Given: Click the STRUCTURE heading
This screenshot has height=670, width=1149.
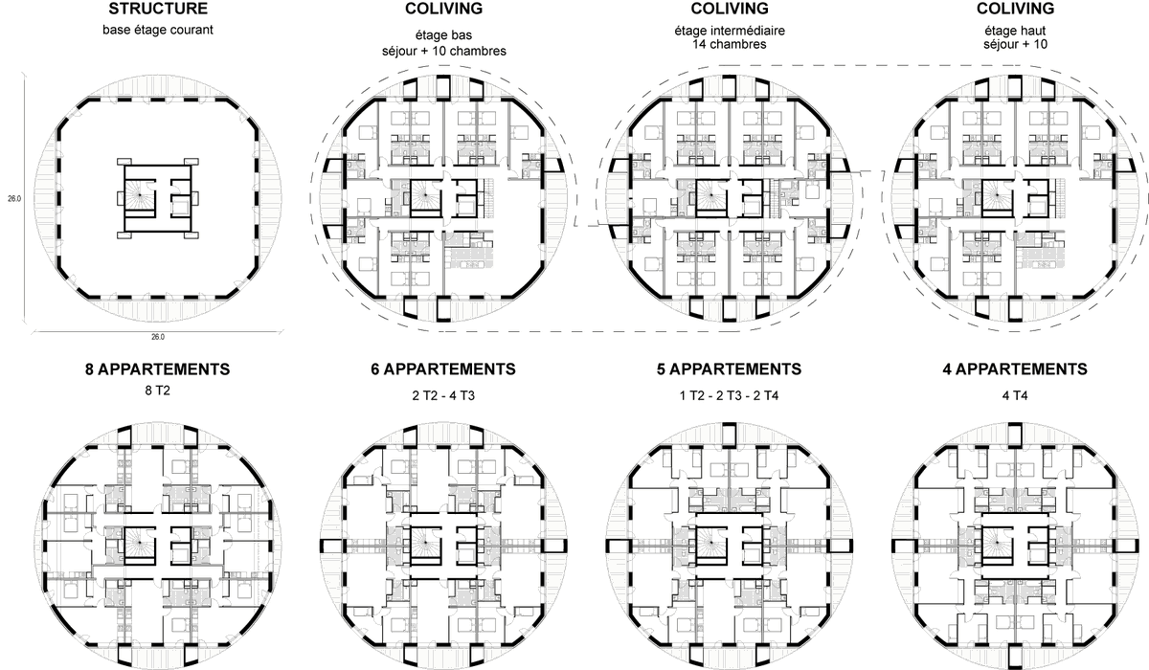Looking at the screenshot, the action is pos(158,10).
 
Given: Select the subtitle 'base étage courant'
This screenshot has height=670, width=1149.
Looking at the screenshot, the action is pos(158,30).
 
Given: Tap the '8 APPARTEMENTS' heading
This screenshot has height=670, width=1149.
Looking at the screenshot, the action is pos(157,368).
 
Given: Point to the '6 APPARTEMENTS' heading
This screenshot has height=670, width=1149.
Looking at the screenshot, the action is pos(443,368).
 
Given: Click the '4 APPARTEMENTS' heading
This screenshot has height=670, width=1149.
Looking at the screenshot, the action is pos(1016,368).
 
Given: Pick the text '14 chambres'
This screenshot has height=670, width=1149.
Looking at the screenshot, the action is pos(730,44).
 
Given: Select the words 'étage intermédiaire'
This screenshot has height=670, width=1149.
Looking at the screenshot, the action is pos(730,31).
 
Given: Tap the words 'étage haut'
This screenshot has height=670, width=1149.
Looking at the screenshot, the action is pos(1016,31).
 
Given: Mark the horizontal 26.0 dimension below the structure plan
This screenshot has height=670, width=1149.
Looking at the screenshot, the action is pos(158,337).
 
